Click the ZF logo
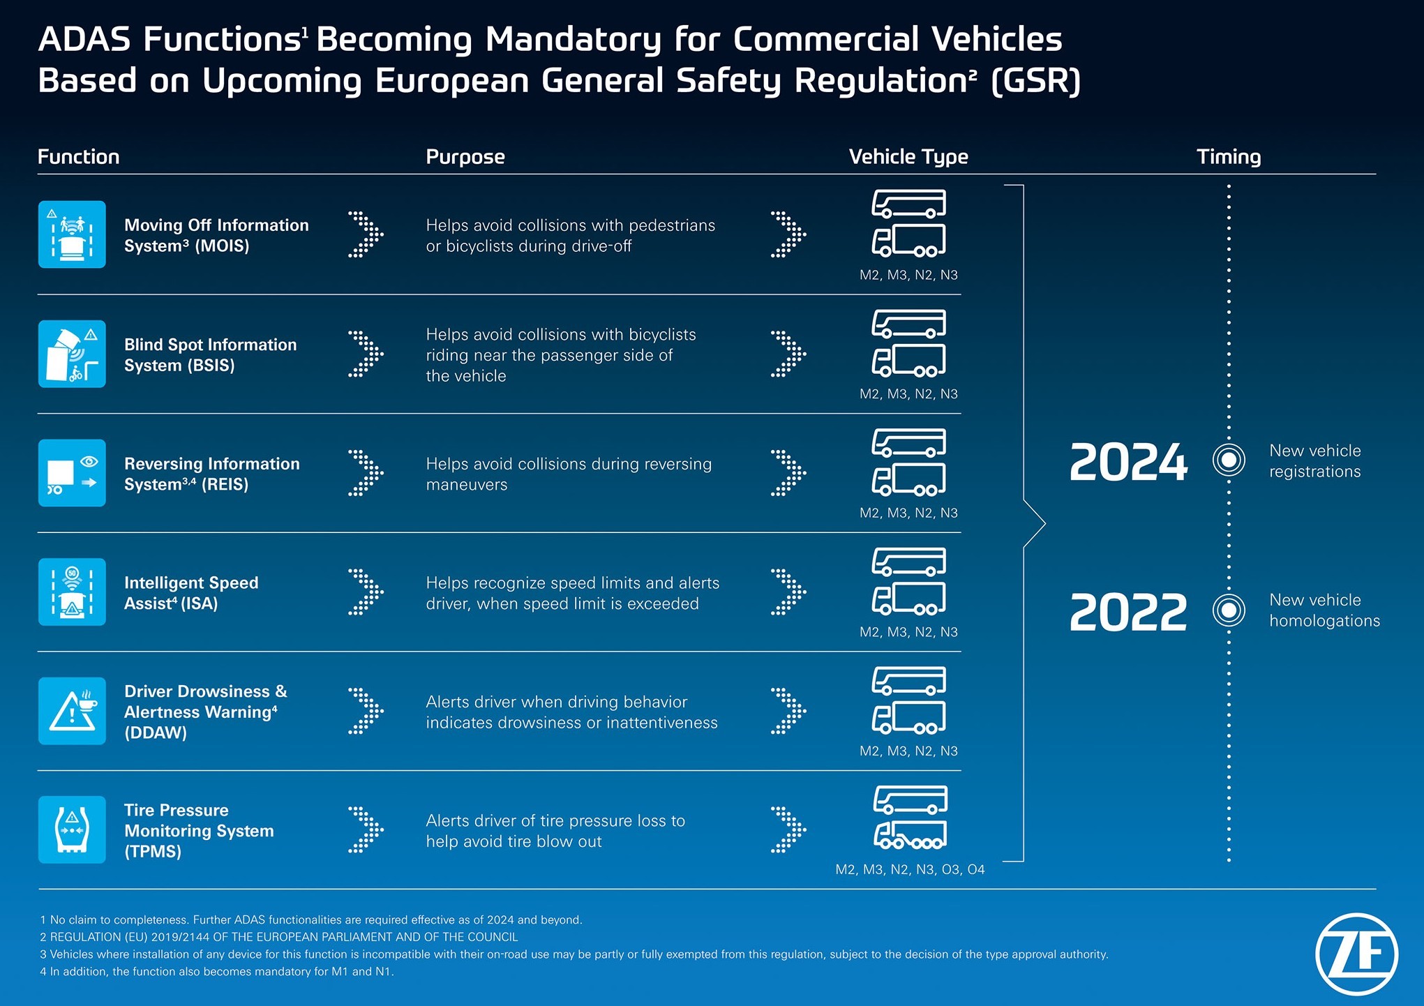[x=1356, y=954]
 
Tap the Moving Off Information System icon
[x=72, y=234]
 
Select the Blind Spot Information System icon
[x=72, y=354]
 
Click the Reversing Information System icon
[x=72, y=473]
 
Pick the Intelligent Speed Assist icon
[x=72, y=592]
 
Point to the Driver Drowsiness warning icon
[x=72, y=711]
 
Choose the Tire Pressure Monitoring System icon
[x=72, y=829]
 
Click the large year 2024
[x=1128, y=462]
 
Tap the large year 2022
[x=1128, y=612]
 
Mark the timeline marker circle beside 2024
[x=1229, y=460]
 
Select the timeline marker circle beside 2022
[x=1229, y=610]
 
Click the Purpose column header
[x=465, y=157]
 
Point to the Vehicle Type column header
[x=908, y=157]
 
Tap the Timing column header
[x=1229, y=157]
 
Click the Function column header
[x=79, y=157]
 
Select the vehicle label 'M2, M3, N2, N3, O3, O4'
[x=910, y=869]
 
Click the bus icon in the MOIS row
[x=909, y=204]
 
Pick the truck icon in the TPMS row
[x=910, y=834]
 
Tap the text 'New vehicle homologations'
[x=1324, y=610]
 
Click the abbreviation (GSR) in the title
[x=1035, y=81]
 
